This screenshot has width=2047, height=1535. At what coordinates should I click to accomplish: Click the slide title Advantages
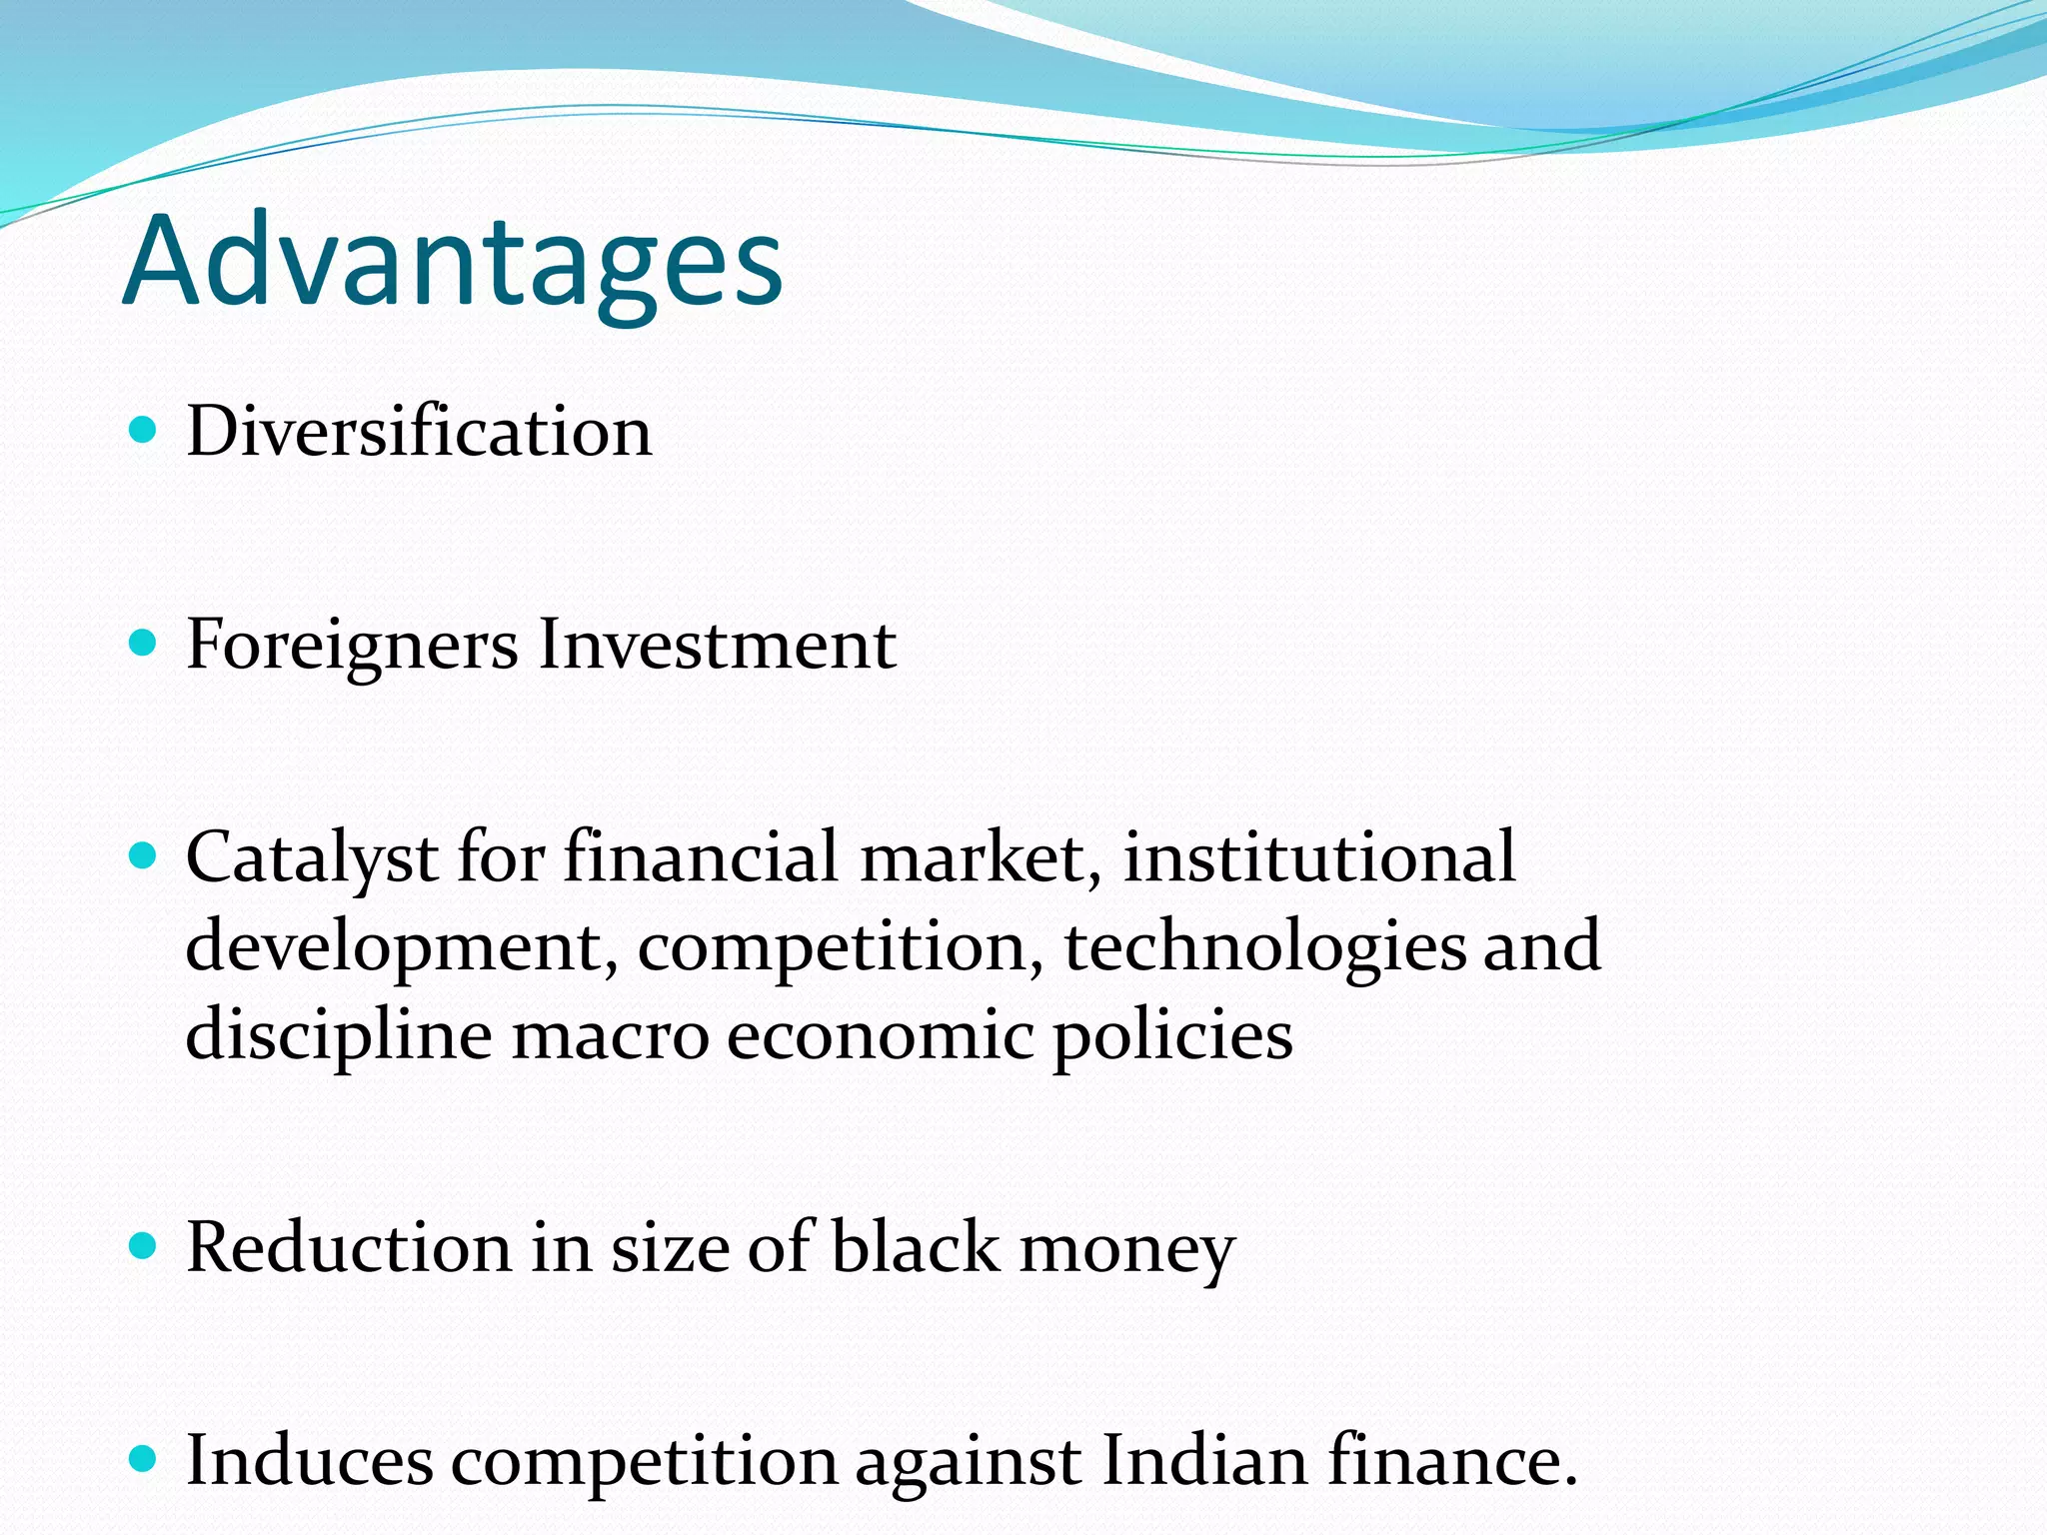click(453, 262)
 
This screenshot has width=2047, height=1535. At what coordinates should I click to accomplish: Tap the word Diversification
click(419, 432)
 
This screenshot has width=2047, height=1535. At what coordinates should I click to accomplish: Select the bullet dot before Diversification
click(144, 431)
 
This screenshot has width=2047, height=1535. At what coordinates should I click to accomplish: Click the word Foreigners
click(352, 645)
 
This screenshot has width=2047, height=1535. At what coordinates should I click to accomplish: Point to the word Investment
click(717, 645)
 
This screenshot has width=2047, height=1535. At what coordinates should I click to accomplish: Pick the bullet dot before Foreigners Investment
click(144, 644)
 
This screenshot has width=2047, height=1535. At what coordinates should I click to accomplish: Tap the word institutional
click(1318, 857)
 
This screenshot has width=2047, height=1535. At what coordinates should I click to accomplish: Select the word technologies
click(1263, 947)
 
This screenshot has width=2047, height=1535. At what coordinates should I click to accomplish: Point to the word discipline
click(338, 1035)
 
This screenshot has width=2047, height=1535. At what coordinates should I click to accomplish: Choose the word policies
click(1172, 1035)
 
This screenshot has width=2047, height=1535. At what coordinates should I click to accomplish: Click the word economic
click(880, 1035)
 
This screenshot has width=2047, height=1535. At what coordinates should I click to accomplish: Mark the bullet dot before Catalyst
click(144, 856)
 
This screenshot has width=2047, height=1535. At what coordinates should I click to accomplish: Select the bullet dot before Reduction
click(144, 1246)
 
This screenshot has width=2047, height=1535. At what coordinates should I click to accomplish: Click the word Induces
click(310, 1461)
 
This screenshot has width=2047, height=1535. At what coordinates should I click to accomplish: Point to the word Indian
click(1204, 1461)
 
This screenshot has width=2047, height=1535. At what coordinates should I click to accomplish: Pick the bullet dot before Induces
click(144, 1459)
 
